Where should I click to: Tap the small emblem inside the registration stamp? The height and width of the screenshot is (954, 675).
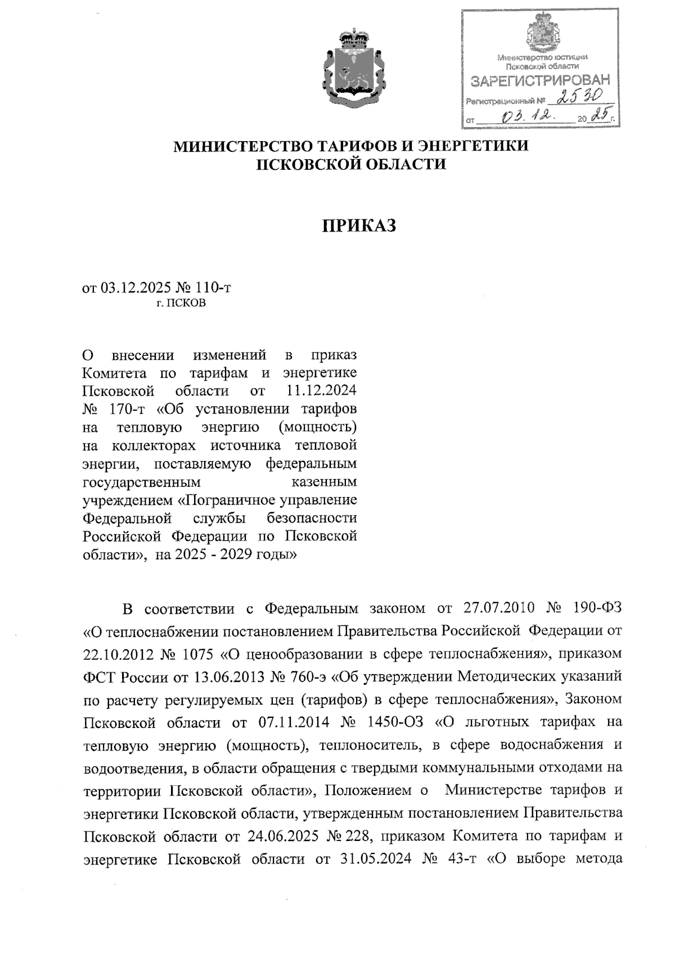coord(542,33)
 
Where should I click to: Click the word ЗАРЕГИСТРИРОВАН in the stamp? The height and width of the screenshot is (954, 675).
coord(539,81)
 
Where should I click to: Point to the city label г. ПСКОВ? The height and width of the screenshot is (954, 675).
coord(181,304)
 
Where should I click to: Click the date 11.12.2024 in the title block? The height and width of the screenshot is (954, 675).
coord(321,391)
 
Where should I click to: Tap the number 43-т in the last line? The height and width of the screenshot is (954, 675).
coord(463,859)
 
